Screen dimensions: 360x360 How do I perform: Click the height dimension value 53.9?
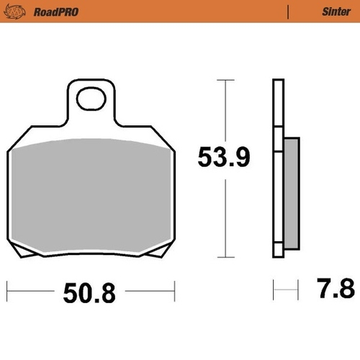224,157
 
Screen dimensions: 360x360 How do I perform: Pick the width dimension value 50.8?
90,292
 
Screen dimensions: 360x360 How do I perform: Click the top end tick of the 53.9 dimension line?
227,80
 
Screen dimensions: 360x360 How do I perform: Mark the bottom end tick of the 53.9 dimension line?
227,257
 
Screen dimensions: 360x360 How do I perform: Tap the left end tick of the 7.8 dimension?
274,292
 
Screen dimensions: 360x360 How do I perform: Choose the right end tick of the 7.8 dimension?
297,292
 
